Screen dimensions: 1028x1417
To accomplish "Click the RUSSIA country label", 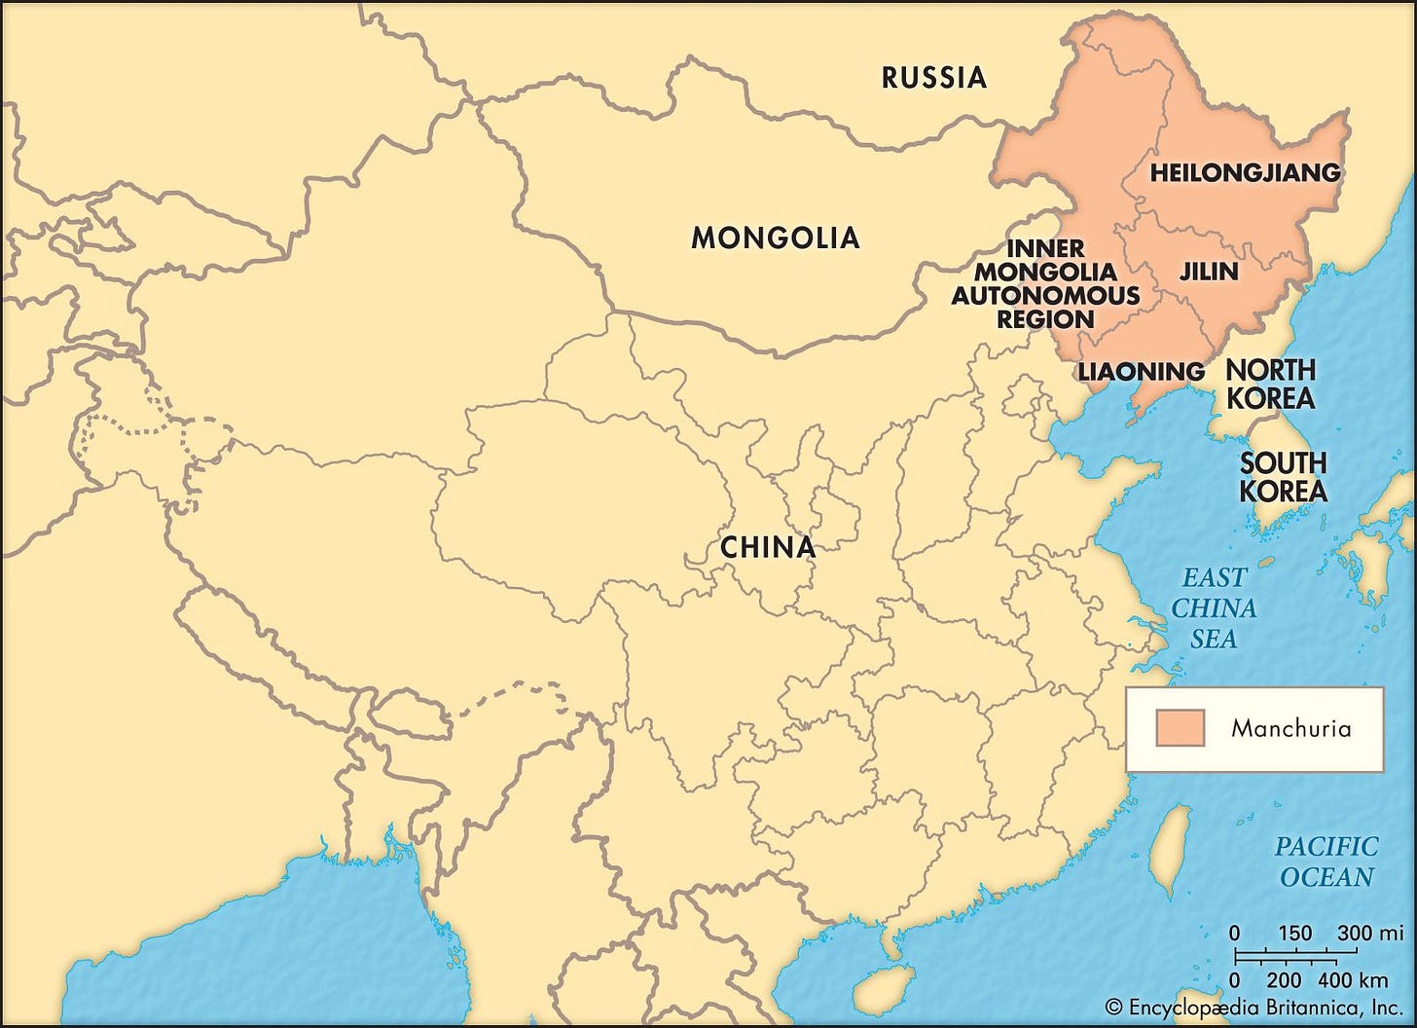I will pyautogui.click(x=933, y=78).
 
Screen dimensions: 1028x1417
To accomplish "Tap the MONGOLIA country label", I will pyautogui.click(x=775, y=238).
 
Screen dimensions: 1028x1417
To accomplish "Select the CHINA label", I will pyautogui.click(x=767, y=547).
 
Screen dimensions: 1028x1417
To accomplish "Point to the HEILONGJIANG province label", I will pyautogui.click(x=1245, y=173).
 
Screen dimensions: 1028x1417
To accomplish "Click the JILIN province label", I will pyautogui.click(x=1209, y=272).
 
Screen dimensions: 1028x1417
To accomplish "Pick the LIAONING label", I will pyautogui.click(x=1141, y=372).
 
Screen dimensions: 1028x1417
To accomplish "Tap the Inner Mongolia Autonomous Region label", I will pyautogui.click(x=1045, y=283).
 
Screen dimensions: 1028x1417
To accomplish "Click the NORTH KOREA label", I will pyautogui.click(x=1269, y=384).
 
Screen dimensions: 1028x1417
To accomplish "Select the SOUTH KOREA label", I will pyautogui.click(x=1283, y=477).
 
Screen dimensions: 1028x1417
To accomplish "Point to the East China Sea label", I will pyautogui.click(x=1214, y=608).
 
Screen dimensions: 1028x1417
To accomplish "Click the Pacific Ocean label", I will pyautogui.click(x=1326, y=862).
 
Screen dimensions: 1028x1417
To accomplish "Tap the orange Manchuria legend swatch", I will pyautogui.click(x=1180, y=728).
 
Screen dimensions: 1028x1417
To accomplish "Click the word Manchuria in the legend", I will pyautogui.click(x=1290, y=728).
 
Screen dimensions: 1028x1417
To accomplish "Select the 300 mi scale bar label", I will pyautogui.click(x=1368, y=934).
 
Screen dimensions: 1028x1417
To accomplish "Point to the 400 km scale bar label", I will pyautogui.click(x=1360, y=979).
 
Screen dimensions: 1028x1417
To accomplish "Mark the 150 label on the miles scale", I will pyautogui.click(x=1294, y=934).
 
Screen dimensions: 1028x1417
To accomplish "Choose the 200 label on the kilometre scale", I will pyautogui.click(x=1285, y=979).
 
